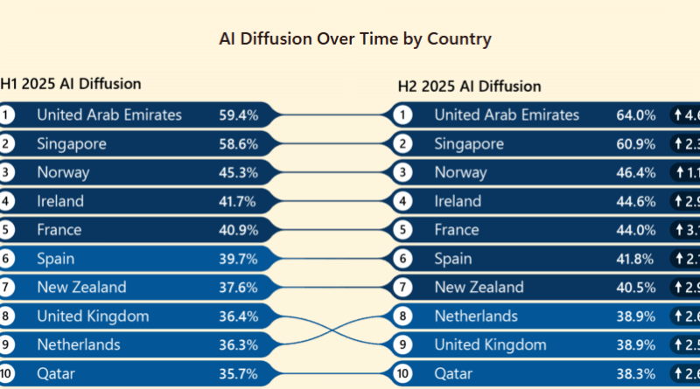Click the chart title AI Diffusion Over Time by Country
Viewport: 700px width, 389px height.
point(354,39)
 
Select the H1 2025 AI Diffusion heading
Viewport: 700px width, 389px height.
point(71,84)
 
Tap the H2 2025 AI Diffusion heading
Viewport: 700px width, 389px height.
point(469,86)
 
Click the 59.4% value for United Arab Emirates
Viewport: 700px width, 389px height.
point(238,115)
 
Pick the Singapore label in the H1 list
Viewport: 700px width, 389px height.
point(72,143)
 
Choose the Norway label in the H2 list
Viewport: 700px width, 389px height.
point(460,172)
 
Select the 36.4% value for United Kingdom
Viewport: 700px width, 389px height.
point(238,316)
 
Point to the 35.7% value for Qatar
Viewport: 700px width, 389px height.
point(238,374)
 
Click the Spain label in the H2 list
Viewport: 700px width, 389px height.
point(453,259)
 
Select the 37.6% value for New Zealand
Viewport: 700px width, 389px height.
point(238,288)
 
